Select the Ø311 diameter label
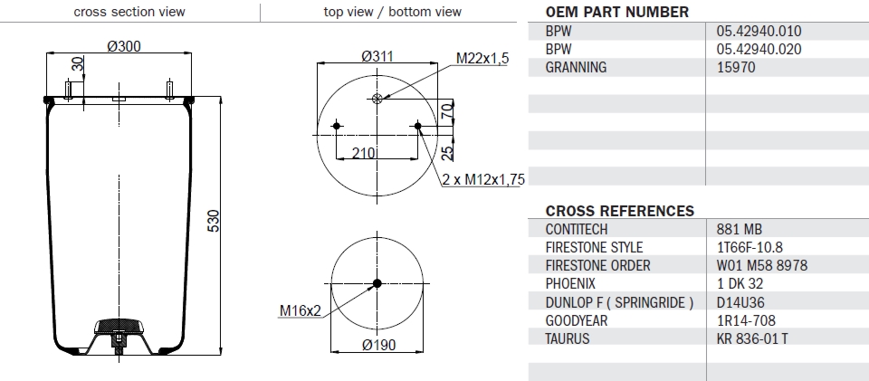click(x=377, y=57)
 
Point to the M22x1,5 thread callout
click(x=482, y=59)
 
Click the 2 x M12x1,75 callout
click(x=483, y=179)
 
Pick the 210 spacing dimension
click(x=364, y=153)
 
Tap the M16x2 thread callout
click(x=299, y=312)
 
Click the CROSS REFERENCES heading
click(x=620, y=211)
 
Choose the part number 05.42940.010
click(x=757, y=31)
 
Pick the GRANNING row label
click(x=576, y=67)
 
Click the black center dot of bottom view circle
click(x=377, y=284)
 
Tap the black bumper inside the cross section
click(x=119, y=325)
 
